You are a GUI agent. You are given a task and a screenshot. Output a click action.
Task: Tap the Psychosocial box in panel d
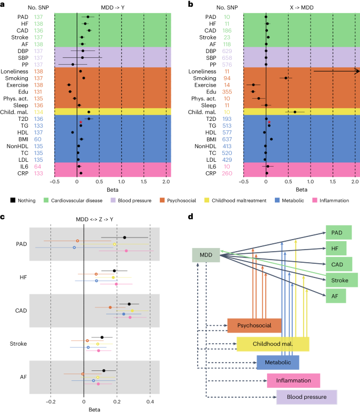254,325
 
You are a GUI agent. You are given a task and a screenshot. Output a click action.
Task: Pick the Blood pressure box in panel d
306,397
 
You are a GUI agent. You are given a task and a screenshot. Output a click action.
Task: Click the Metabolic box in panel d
278,362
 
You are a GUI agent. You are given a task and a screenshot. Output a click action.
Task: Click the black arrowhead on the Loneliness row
357,71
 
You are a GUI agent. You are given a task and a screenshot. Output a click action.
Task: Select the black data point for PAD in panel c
125,237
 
